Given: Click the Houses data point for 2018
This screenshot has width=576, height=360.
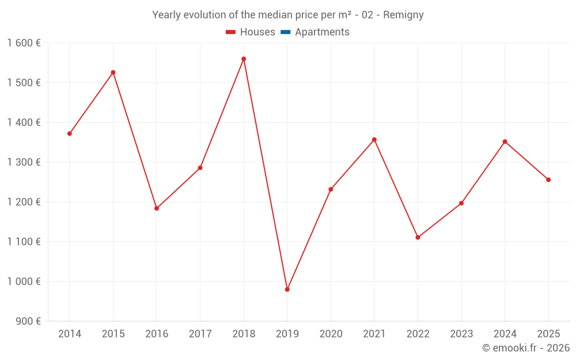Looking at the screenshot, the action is (244, 59).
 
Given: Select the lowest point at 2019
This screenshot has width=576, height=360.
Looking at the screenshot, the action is (287, 290).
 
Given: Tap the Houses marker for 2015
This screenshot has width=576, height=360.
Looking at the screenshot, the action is (113, 73).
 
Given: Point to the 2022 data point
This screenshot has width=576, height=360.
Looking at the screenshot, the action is (418, 237).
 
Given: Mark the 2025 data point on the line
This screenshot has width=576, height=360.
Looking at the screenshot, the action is (548, 180).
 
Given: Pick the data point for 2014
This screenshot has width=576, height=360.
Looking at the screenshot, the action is (70, 134).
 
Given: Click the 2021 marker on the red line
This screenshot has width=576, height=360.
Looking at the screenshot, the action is (374, 139).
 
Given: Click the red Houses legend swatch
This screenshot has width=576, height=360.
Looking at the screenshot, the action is (231, 32).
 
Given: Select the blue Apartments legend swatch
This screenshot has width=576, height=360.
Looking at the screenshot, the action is (286, 32).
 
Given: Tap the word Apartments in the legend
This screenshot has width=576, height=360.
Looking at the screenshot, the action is (322, 32).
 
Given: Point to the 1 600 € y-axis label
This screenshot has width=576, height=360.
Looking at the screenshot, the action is (24, 43).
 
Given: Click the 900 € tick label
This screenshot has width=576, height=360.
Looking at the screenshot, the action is (28, 321).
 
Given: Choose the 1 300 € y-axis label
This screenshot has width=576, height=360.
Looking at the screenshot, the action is (24, 162).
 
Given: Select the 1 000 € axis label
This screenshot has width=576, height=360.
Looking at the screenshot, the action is (24, 282).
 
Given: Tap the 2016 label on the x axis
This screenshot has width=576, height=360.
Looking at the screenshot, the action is (157, 334).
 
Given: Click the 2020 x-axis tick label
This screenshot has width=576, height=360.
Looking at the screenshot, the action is (331, 334).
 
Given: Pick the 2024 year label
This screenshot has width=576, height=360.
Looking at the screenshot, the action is (505, 334).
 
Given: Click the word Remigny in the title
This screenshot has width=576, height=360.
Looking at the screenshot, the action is (403, 15).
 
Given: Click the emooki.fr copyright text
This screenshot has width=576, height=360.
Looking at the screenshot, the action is (526, 347).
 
